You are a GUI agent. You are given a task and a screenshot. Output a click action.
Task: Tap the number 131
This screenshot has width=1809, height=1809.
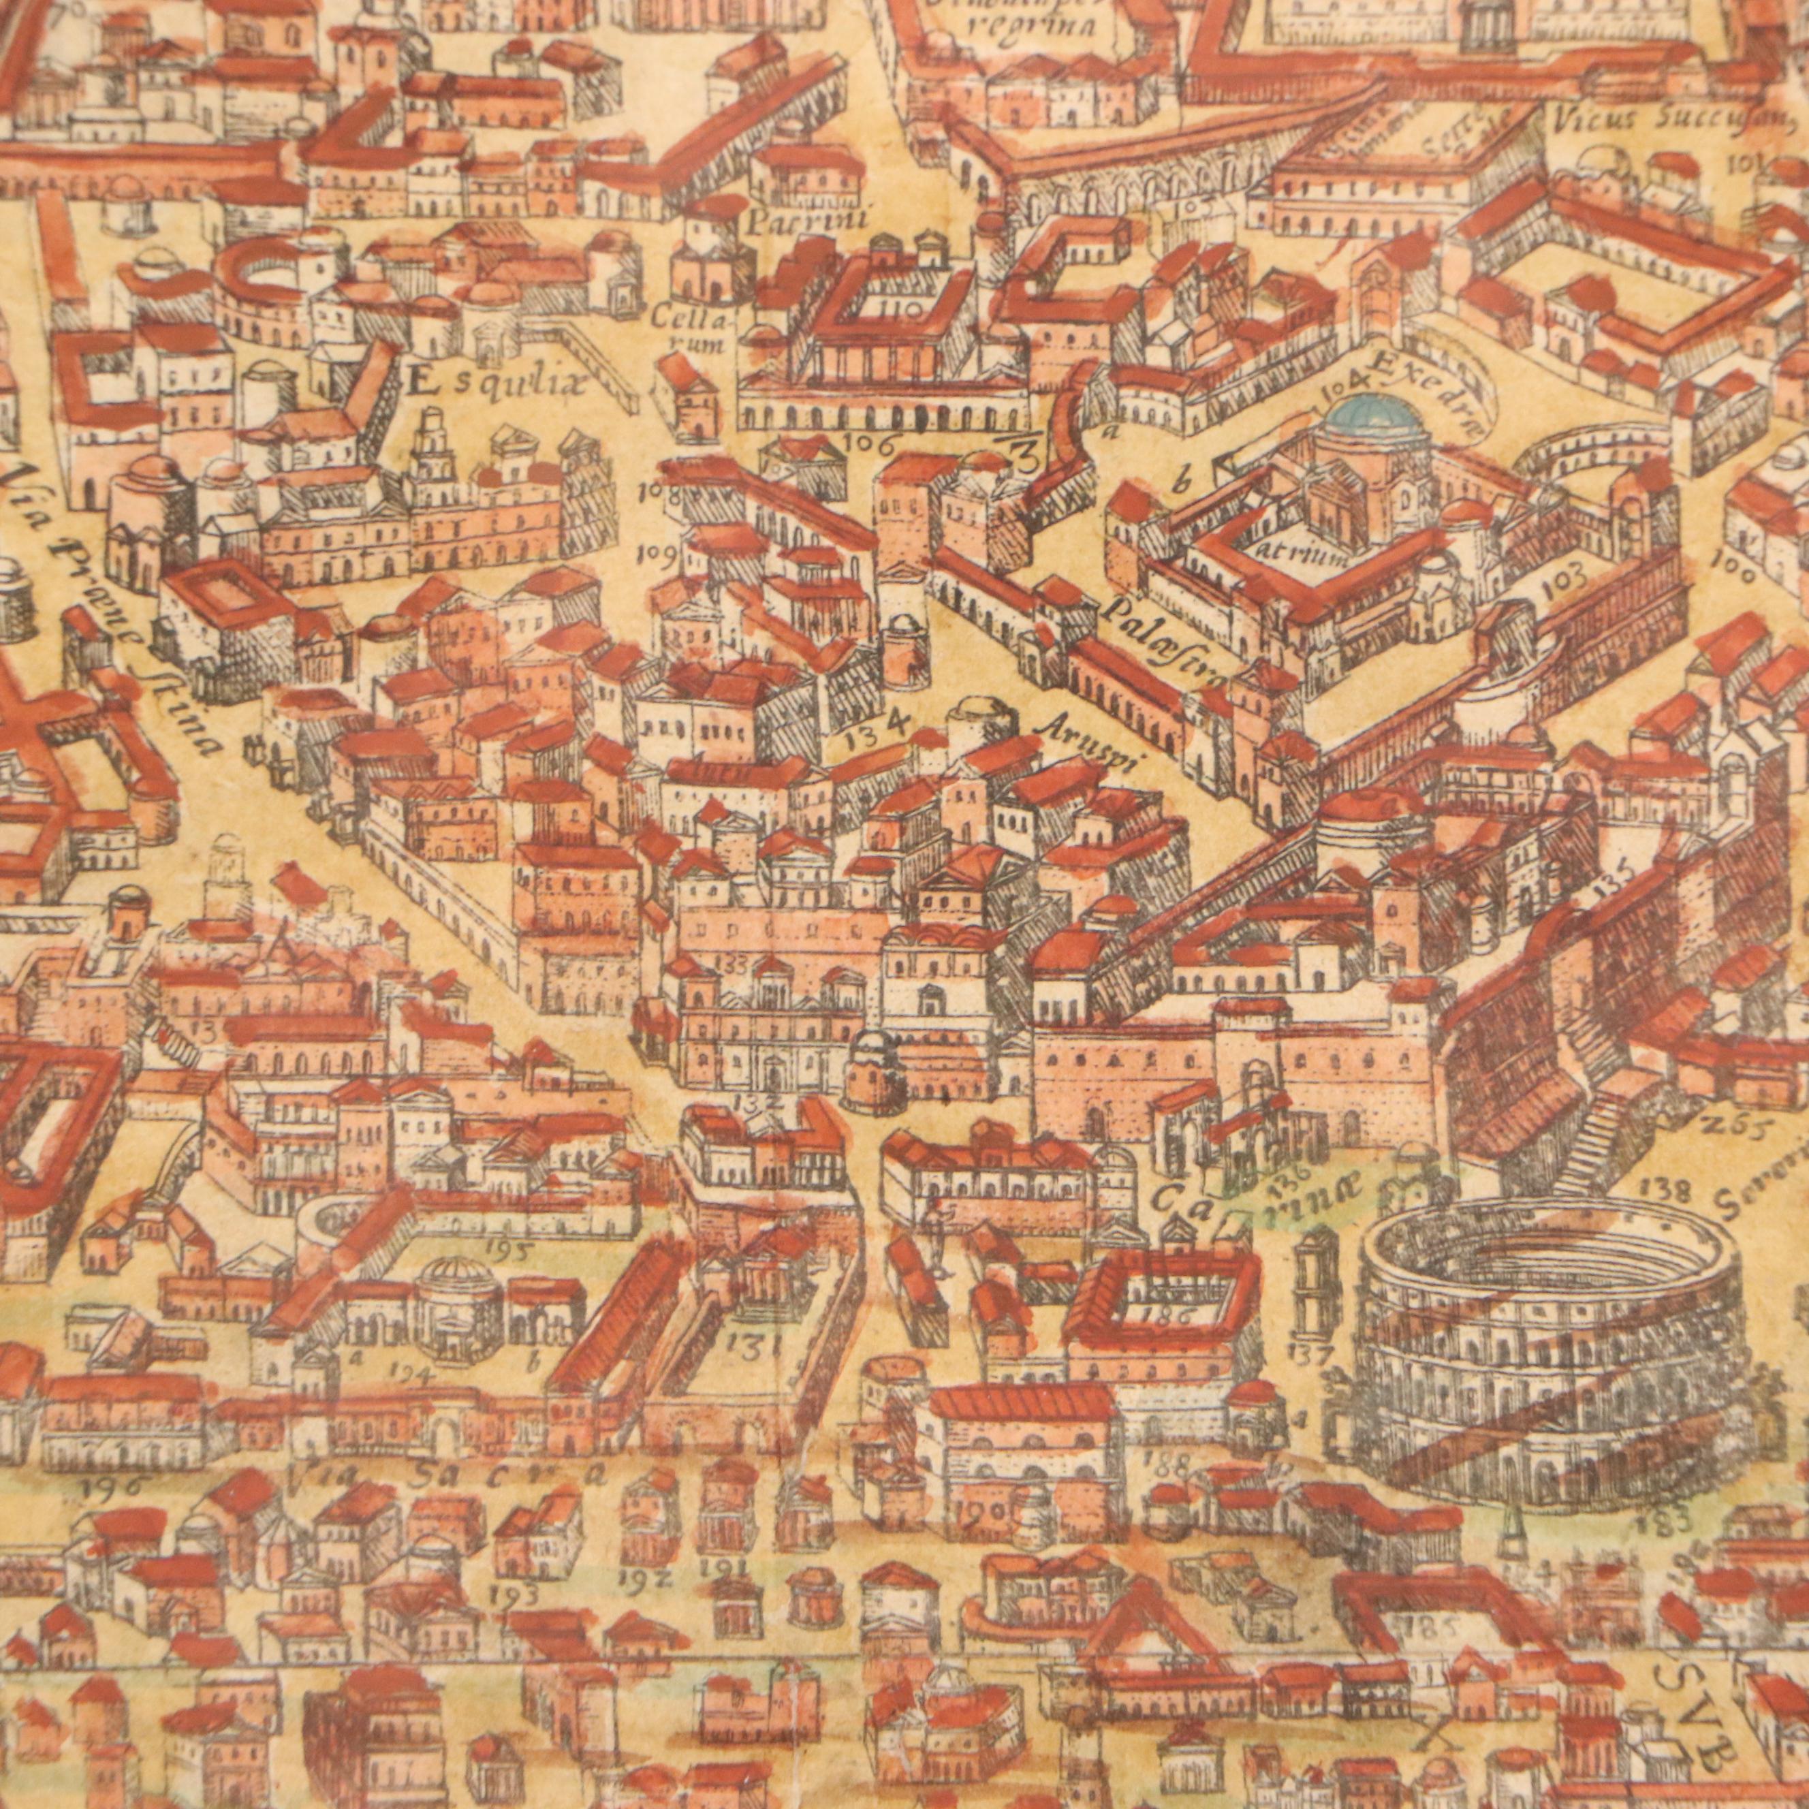[x=754, y=1346]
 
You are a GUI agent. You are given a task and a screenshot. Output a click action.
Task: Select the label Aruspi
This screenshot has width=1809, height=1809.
[x=1095, y=749]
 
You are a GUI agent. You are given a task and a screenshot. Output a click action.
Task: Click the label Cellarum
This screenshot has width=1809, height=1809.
[x=700, y=330]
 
